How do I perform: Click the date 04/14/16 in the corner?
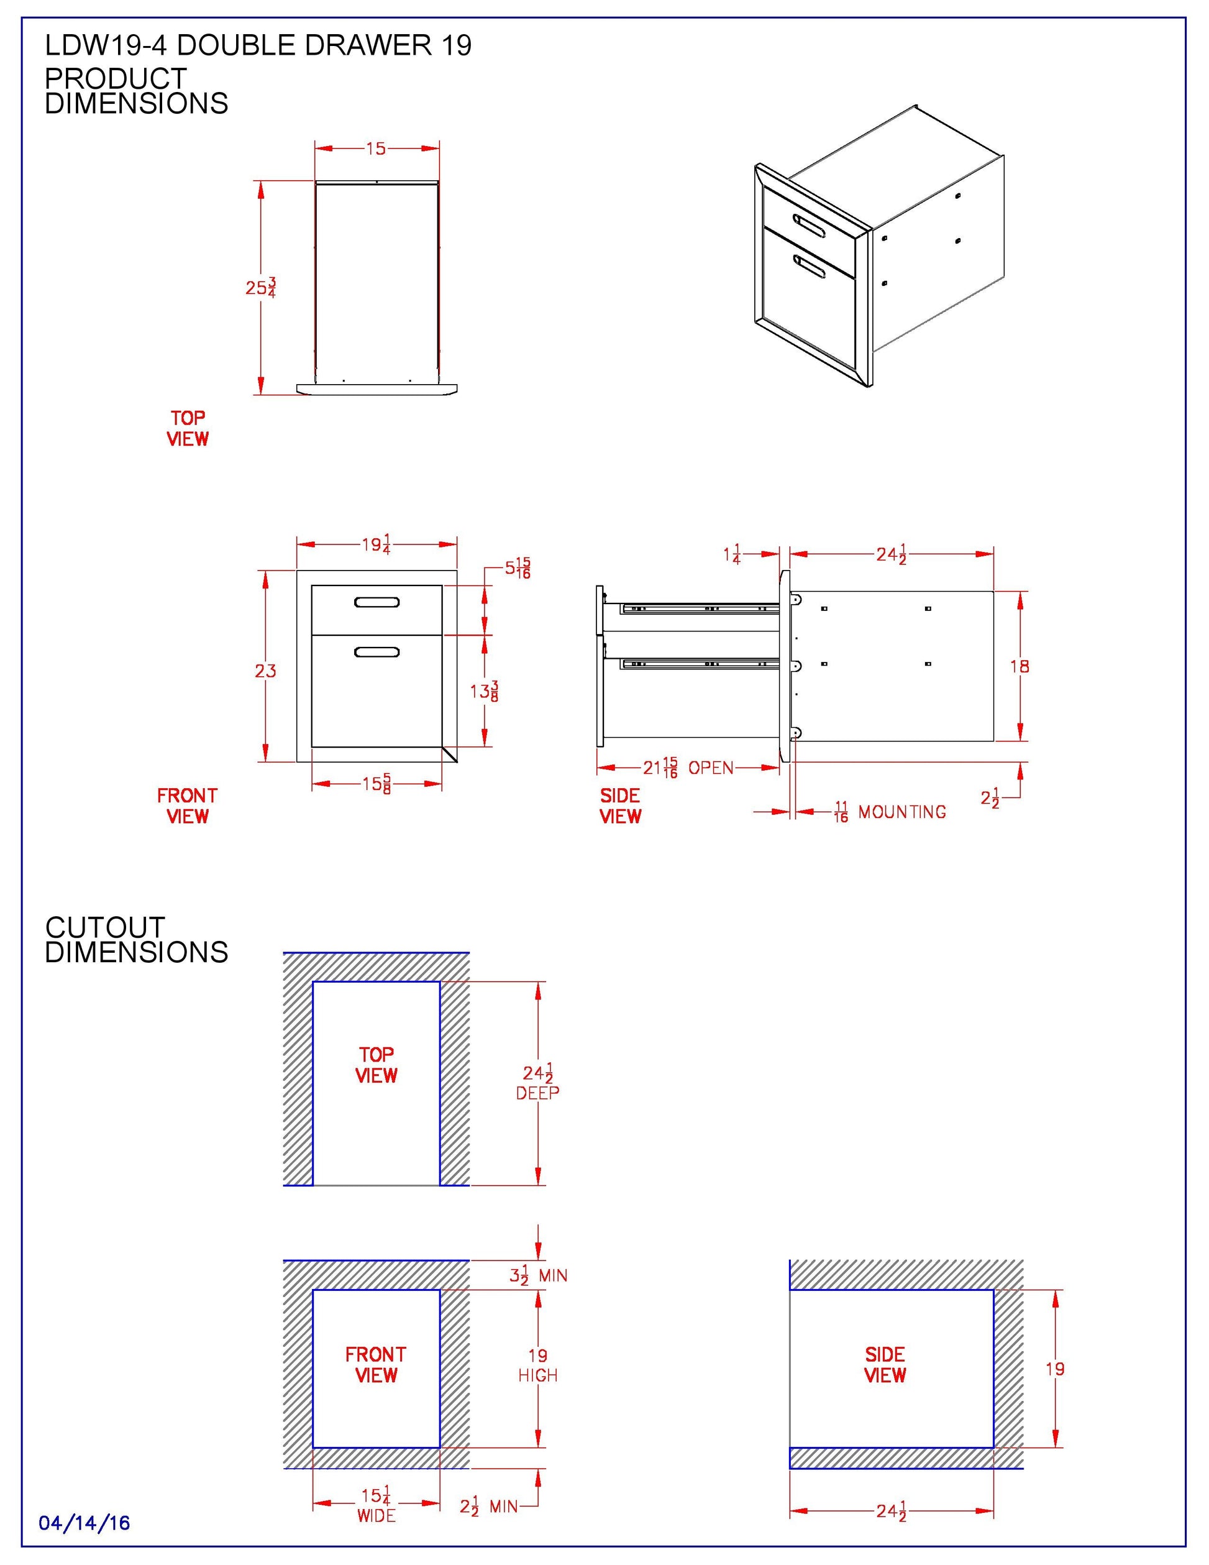tap(84, 1523)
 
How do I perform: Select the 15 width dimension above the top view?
tap(376, 149)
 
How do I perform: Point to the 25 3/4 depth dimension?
tap(261, 287)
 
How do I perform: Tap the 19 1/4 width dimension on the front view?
tap(376, 544)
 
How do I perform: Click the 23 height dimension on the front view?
tap(265, 671)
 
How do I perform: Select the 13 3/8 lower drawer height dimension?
tap(484, 692)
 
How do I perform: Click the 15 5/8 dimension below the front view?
tap(376, 784)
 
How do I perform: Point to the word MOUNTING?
tap(901, 812)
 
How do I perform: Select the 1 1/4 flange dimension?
tap(732, 554)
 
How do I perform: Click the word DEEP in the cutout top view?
tap(537, 1093)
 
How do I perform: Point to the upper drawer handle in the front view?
tap(376, 602)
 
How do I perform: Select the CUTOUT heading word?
tap(105, 927)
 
